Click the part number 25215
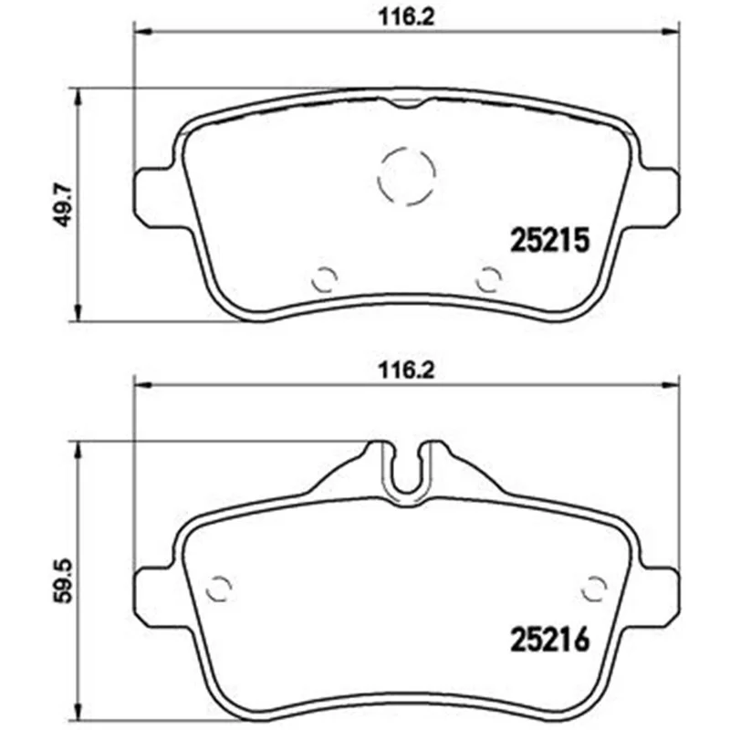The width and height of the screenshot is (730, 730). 550,240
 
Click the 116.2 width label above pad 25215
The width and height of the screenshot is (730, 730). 406,17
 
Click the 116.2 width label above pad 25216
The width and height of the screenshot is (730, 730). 406,370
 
